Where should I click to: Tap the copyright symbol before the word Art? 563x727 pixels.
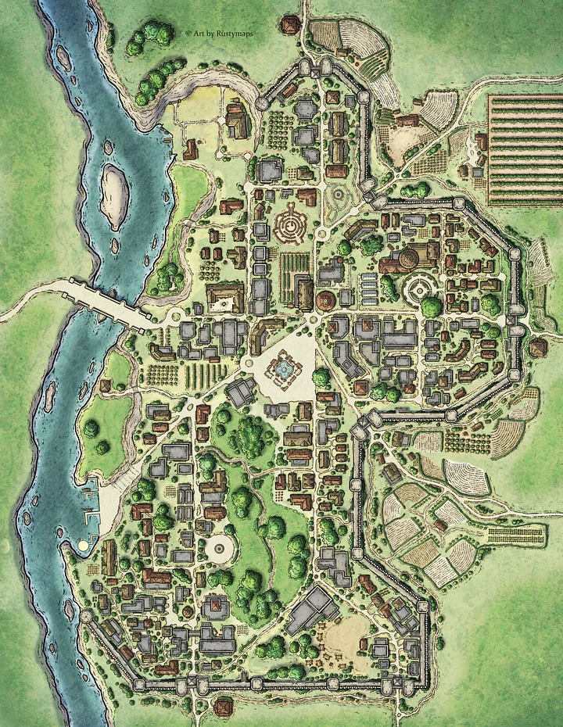(x=188, y=33)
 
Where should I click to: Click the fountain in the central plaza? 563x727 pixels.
(x=283, y=366)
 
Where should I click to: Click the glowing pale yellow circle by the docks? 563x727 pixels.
(x=82, y=544)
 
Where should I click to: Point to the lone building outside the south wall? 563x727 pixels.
(x=222, y=707)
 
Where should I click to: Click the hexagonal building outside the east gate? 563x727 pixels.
(x=537, y=347)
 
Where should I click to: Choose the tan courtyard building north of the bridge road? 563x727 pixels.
(x=225, y=297)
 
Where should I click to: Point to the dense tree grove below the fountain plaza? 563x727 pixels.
(x=249, y=434)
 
